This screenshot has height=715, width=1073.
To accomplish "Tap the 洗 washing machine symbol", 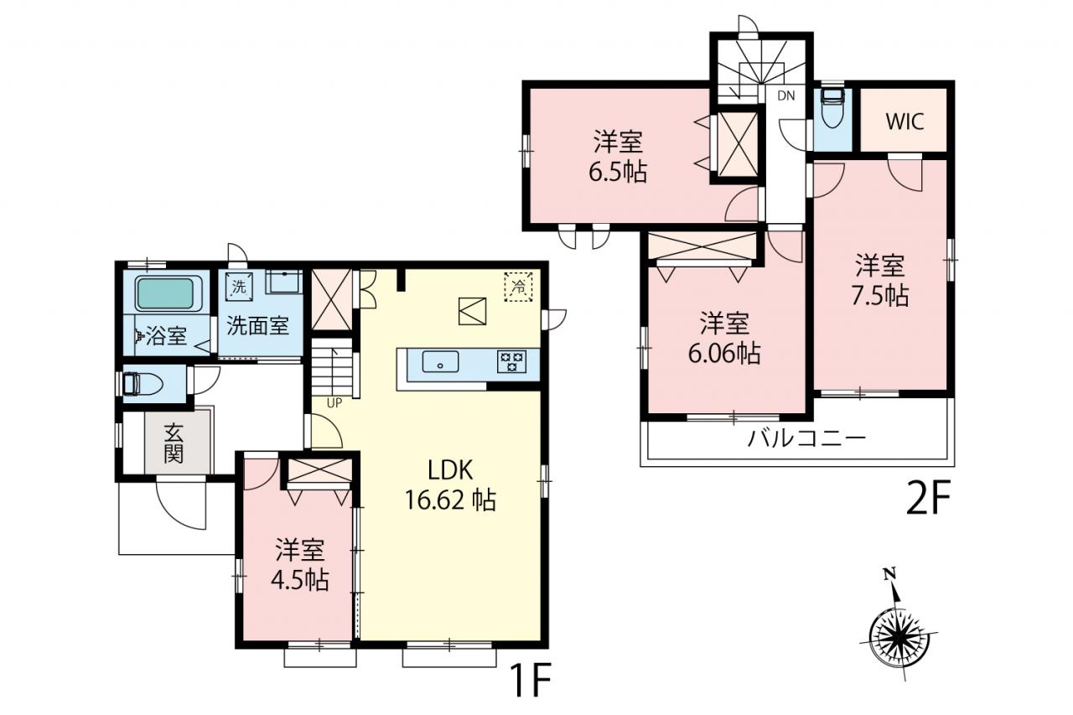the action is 239,288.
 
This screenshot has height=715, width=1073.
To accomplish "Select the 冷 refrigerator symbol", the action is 518,287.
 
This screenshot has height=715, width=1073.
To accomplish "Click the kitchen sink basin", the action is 440,361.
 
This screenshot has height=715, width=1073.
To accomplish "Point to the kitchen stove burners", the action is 511,361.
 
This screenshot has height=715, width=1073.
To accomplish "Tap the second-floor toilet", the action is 833,108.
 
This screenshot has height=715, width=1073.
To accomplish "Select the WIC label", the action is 905,122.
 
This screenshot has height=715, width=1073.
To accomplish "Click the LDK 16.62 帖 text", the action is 450,485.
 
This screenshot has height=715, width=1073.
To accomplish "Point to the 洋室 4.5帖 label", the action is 300,565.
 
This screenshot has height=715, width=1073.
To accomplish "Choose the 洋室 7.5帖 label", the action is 880,281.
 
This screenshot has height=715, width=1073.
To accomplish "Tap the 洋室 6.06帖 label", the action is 724,338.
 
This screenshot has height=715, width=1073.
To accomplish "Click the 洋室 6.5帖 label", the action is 618,156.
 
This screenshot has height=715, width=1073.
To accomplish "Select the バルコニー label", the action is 807,438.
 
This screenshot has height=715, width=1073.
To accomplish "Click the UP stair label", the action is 334,403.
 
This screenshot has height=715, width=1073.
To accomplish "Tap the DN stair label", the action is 785,96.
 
